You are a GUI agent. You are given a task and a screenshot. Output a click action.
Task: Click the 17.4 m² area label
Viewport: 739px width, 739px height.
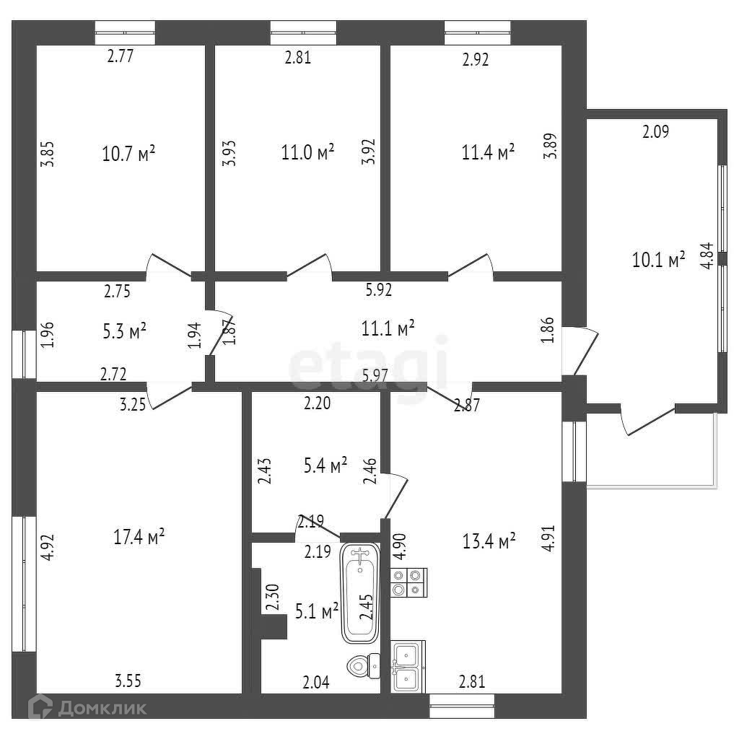[x=139, y=536]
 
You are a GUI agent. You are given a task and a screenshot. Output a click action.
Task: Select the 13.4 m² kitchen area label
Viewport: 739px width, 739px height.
[x=489, y=541]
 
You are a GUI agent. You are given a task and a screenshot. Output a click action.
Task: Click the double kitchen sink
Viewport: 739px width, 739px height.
[x=408, y=666]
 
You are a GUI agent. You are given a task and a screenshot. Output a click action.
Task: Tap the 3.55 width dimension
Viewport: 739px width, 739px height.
[x=128, y=679]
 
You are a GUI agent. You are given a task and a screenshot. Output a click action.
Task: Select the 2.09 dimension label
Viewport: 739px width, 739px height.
[x=656, y=131]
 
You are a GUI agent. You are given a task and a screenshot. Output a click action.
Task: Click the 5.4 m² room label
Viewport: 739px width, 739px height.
[x=325, y=466]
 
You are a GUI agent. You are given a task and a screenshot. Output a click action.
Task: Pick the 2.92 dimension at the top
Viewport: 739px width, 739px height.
[x=475, y=61]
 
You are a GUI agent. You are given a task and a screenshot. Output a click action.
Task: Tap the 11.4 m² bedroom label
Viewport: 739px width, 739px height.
[x=488, y=152]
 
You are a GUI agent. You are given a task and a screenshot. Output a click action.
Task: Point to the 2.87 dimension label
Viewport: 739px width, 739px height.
[x=466, y=406]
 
